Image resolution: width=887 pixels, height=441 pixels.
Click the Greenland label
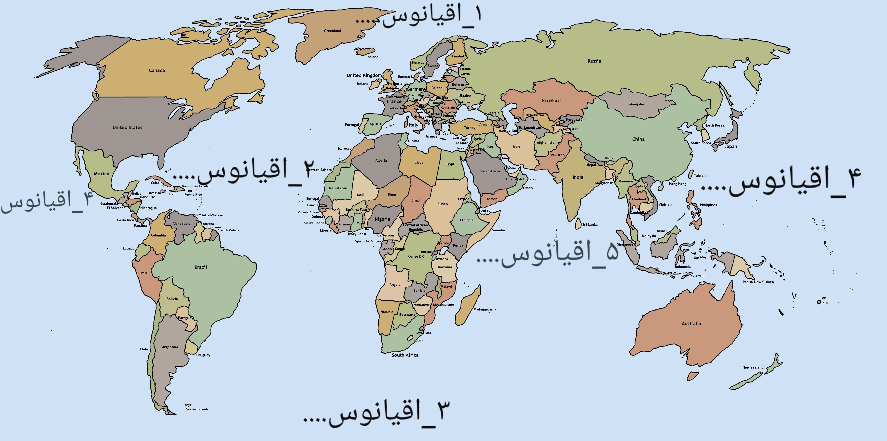tap(332, 31)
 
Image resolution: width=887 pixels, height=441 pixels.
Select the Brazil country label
tap(200, 267)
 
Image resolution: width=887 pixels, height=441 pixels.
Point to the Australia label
tap(691, 323)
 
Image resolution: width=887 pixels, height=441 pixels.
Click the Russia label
tap(594, 61)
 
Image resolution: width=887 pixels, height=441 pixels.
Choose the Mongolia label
tap(636, 104)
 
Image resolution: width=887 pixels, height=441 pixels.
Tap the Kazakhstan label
tap(552, 101)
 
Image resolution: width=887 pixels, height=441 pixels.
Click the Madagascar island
tap(468, 305)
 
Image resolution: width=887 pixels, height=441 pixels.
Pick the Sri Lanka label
tap(590, 224)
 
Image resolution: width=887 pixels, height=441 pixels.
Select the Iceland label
tap(372, 57)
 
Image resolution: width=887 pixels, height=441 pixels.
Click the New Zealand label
tap(753, 367)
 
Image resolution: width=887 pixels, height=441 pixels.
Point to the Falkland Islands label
tap(197, 409)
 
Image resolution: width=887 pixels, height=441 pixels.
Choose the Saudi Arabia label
tap(490, 171)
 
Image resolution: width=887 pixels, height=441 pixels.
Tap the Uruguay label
tap(203, 355)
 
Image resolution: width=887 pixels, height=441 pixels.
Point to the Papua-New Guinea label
tap(758, 282)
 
